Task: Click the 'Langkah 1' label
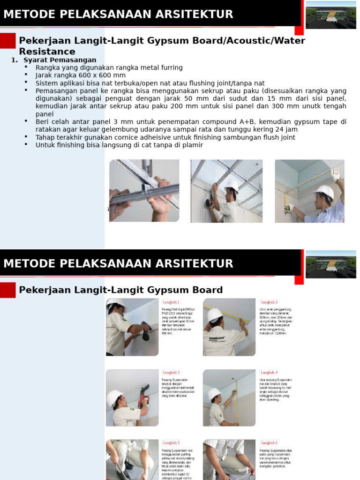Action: [171, 302]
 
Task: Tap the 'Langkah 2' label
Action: [270, 302]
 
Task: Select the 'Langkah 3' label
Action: [171, 373]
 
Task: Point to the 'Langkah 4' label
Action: [270, 373]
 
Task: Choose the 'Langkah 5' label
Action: [171, 442]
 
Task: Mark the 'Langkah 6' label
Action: [270, 442]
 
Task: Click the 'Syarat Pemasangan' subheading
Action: [60, 60]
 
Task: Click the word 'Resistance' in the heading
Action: [47, 52]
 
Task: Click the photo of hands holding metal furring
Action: [144, 191]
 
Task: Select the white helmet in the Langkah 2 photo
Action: [215, 315]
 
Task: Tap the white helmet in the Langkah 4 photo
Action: [214, 392]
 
